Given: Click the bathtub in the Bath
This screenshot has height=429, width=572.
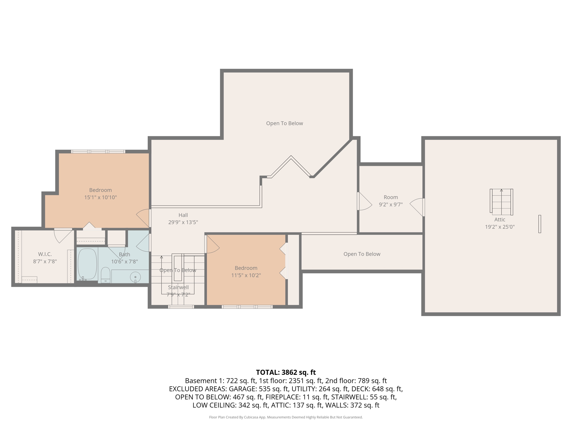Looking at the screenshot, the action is click(87, 264).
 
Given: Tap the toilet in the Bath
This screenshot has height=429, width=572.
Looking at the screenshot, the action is click(105, 275).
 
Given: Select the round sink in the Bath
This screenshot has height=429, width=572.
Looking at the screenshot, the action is click(135, 277).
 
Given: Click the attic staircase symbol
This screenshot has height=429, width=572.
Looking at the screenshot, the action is click(501, 202).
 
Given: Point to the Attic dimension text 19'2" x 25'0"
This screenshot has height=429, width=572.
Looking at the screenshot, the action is click(500, 227).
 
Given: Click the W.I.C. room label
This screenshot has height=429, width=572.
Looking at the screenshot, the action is click(45, 254).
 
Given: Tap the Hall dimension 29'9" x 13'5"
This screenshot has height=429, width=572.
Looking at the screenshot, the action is click(183, 222).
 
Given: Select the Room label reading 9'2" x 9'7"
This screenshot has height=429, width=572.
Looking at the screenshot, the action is click(391, 204).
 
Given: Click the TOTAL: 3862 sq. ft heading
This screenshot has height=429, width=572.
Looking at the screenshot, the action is click(286, 372).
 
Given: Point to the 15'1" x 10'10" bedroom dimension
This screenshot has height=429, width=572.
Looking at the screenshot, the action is click(101, 197).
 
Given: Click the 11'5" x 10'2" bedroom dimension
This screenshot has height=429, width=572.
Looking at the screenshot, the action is click(246, 275).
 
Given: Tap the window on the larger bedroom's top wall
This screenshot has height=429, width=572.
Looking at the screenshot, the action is click(98, 152).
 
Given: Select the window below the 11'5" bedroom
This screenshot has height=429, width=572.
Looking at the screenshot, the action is click(247, 307).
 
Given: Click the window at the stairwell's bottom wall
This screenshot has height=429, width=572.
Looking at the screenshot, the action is click(181, 307).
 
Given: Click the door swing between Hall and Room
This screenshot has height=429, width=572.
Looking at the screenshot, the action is click(364, 201).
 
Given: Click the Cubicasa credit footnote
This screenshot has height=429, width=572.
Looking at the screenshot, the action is click(286, 417).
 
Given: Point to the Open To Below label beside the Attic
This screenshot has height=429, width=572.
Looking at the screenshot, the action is click(362, 254).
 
